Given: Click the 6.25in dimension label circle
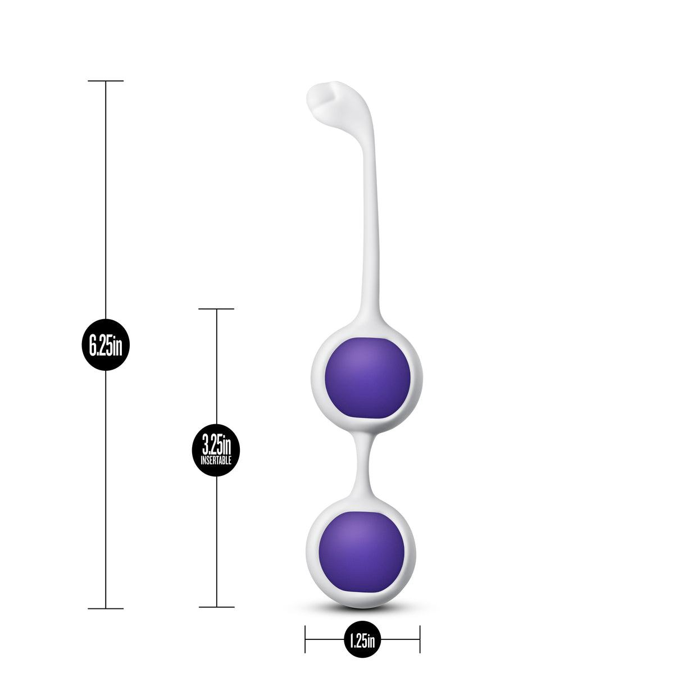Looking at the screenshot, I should [x=106, y=344].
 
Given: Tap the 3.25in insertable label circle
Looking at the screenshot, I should [x=216, y=450].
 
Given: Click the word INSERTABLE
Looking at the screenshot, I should [x=216, y=461].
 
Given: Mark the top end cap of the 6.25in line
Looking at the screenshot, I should [x=106, y=81].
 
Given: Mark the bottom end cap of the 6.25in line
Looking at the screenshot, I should [x=106, y=608].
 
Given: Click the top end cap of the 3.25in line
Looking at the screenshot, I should [x=216, y=309].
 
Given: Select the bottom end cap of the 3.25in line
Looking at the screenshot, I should [x=216, y=607].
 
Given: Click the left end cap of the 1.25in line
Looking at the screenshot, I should [x=305, y=639].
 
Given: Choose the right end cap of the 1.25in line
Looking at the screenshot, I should [x=420, y=639].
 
